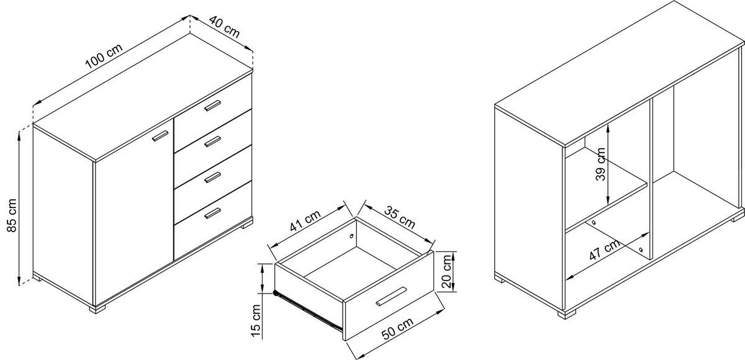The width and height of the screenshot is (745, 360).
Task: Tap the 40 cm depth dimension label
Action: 225,27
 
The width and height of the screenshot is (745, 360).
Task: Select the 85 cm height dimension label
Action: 12,215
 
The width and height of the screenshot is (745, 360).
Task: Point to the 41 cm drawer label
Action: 305,220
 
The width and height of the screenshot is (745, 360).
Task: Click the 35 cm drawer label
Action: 400,217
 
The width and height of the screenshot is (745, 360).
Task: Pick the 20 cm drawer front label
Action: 446,271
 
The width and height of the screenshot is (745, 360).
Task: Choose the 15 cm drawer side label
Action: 256,320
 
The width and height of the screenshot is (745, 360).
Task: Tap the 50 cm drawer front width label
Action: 397,328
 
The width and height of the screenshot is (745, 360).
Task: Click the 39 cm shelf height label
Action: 600,164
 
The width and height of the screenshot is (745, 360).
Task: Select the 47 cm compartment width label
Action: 605,250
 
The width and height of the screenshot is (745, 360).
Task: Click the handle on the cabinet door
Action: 160,136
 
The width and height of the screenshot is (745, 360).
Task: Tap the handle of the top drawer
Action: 212,106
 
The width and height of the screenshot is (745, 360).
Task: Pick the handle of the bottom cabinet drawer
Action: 212,213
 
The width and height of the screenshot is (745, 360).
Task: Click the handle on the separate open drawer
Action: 392,296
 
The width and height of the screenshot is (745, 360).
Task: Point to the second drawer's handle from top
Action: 212,142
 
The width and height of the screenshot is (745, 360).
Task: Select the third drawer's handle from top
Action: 212,177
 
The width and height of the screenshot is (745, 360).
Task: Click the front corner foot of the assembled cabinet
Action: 97,309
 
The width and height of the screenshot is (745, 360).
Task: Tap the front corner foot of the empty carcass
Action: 567,314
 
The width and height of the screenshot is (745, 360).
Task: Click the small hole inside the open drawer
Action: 351,236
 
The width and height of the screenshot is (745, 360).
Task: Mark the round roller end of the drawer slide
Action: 276,293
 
